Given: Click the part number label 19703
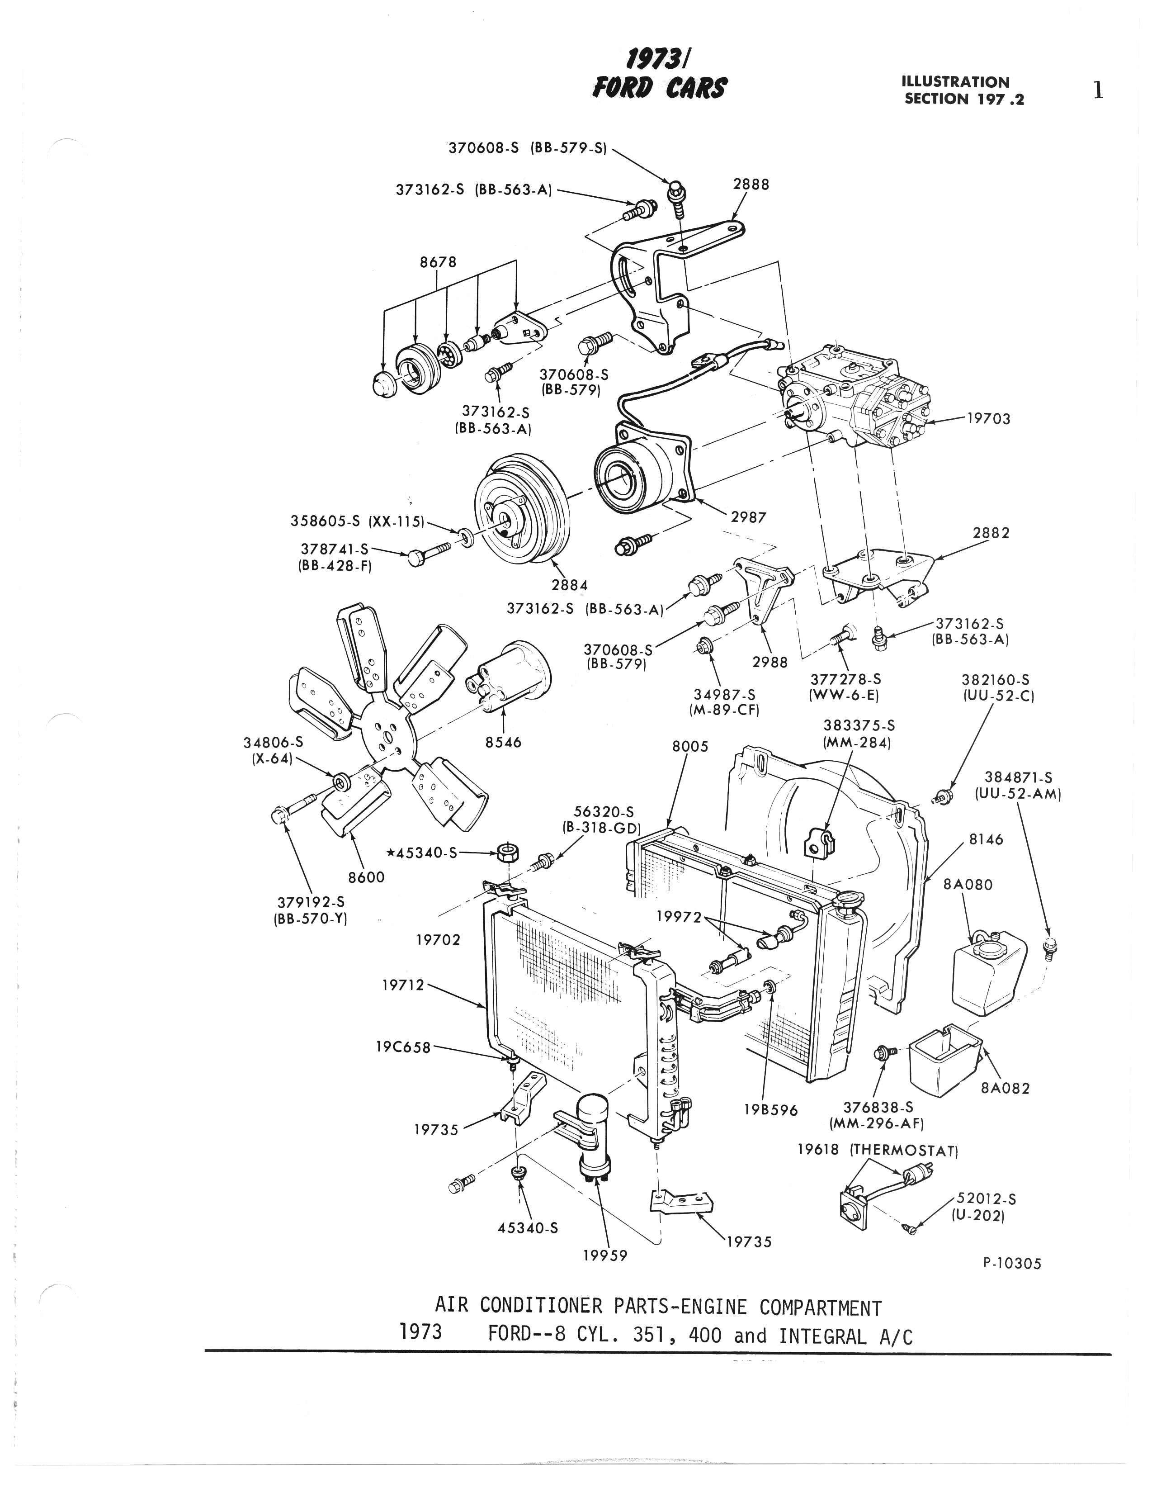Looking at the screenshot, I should coord(988,419).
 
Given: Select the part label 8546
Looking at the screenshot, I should coord(504,742).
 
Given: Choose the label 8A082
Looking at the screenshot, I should coord(1006,1088).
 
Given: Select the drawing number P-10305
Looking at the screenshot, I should coord(1011,1263).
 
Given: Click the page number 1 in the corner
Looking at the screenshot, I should coord(1098,90).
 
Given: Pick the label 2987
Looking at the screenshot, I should coord(748,517).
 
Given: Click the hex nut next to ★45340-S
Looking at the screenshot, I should coord(508,853).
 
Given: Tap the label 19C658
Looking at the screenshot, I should coord(403,1047).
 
